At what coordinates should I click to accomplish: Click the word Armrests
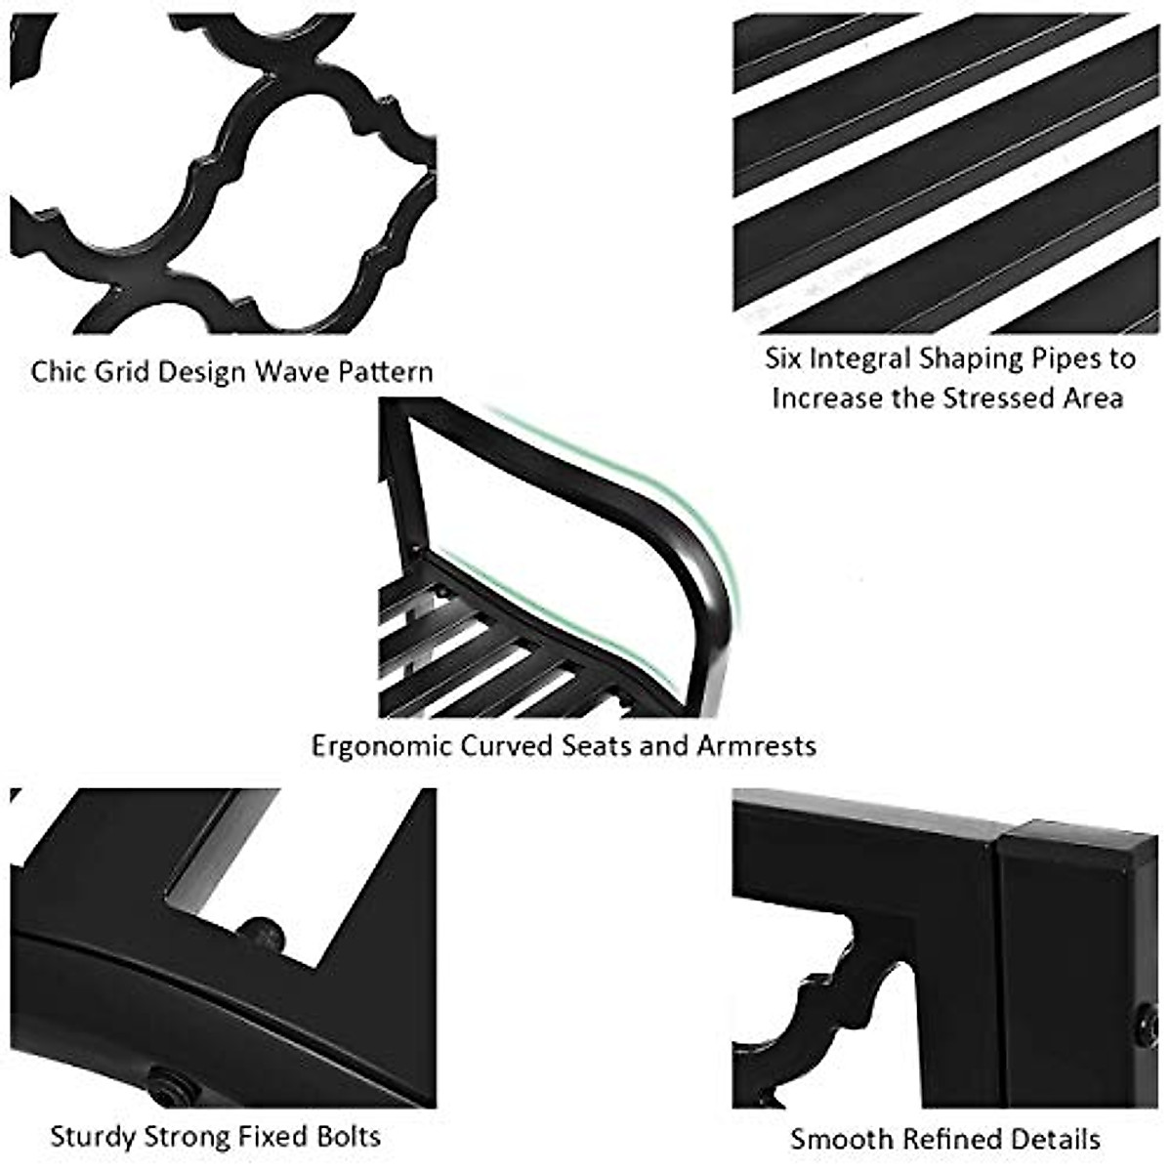(x=756, y=746)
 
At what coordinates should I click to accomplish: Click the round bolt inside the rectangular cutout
(x=262, y=934)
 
